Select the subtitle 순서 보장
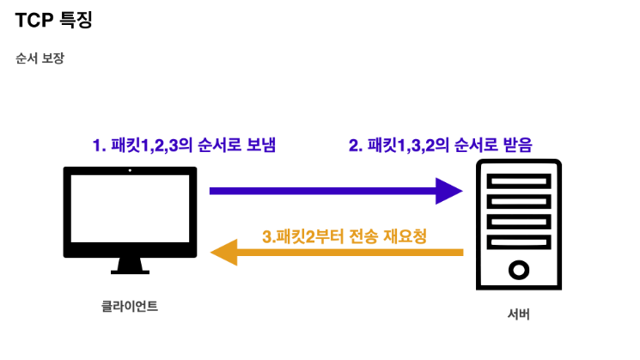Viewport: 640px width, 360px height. [40, 59]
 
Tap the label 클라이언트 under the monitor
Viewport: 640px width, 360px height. [129, 306]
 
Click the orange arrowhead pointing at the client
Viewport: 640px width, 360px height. [225, 253]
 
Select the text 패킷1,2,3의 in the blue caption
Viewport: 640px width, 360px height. [156, 145]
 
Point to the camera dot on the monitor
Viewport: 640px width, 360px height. [130, 171]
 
